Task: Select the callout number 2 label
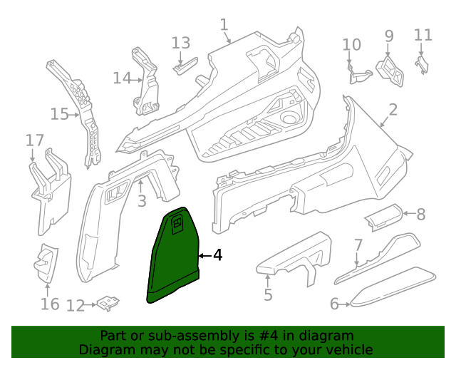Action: click(x=393, y=109)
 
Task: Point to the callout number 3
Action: click(x=142, y=201)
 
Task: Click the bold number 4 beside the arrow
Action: click(x=218, y=255)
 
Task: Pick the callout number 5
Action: click(x=267, y=294)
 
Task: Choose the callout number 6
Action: click(x=333, y=304)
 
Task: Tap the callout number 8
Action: click(x=420, y=213)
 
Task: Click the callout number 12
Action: click(x=75, y=305)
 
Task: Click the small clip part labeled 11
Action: click(x=421, y=65)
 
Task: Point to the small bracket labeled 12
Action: click(x=108, y=303)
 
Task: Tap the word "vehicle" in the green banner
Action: click(x=349, y=349)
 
